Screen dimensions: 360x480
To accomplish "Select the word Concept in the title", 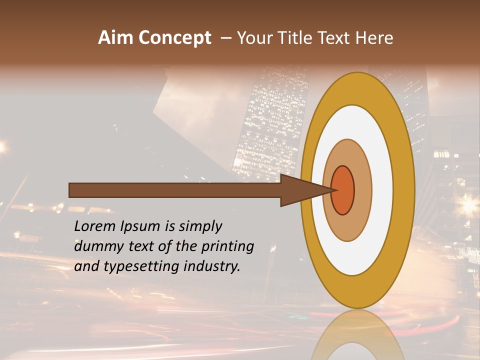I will pos(174,38).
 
